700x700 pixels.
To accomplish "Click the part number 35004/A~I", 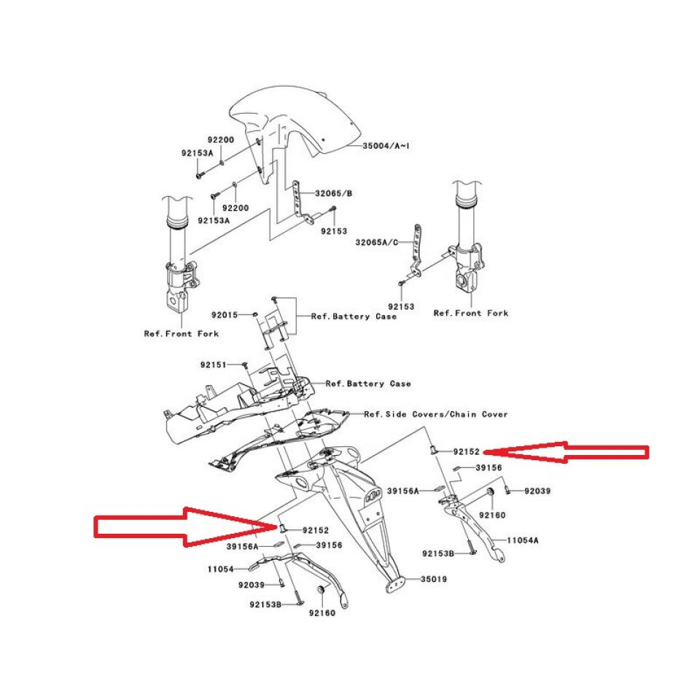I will click(386, 146).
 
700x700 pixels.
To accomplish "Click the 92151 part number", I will click(214, 364).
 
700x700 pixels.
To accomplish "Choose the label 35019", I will click(434, 580).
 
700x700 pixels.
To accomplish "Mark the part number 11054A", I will click(524, 541).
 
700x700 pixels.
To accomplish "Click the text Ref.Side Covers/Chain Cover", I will click(436, 414).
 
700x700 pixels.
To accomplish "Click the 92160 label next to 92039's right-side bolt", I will click(492, 515).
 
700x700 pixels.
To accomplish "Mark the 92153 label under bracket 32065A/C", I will click(401, 307).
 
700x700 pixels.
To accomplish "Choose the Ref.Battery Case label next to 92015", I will click(354, 316).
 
